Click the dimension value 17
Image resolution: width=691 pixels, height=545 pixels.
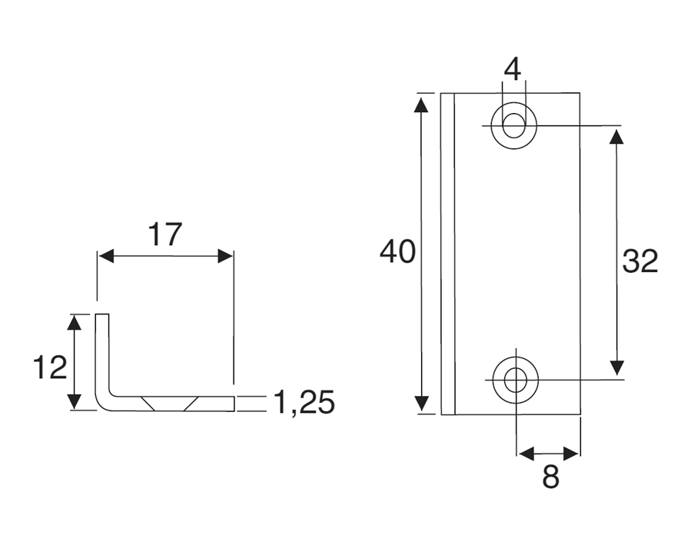pyautogui.click(x=164, y=234)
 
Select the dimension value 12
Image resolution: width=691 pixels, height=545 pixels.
pyautogui.click(x=50, y=368)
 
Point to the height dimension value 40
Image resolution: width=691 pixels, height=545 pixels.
pyautogui.click(x=398, y=252)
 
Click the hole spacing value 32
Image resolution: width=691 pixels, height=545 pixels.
pyautogui.click(x=640, y=261)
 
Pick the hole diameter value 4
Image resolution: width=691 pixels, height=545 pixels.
pyautogui.click(x=513, y=69)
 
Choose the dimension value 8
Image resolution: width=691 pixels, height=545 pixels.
pyautogui.click(x=550, y=477)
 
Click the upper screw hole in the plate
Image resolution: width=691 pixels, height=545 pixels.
pyautogui.click(x=514, y=125)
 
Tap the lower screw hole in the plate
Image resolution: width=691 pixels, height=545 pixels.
pyautogui.click(x=515, y=379)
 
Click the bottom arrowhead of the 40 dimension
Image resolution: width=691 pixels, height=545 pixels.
pyautogui.click(x=421, y=404)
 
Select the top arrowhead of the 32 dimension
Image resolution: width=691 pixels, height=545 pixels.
pyautogui.click(x=616, y=136)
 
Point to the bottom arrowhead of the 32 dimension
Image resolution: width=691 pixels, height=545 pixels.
pyautogui.click(x=616, y=367)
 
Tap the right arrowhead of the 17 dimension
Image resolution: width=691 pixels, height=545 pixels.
pyautogui.click(x=224, y=257)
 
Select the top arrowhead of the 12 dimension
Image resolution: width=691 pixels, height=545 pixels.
pyautogui.click(x=74, y=322)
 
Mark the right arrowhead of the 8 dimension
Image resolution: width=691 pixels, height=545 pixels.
pyautogui.click(x=571, y=454)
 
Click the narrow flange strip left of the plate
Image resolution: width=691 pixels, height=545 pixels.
pyautogui.click(x=448, y=254)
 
